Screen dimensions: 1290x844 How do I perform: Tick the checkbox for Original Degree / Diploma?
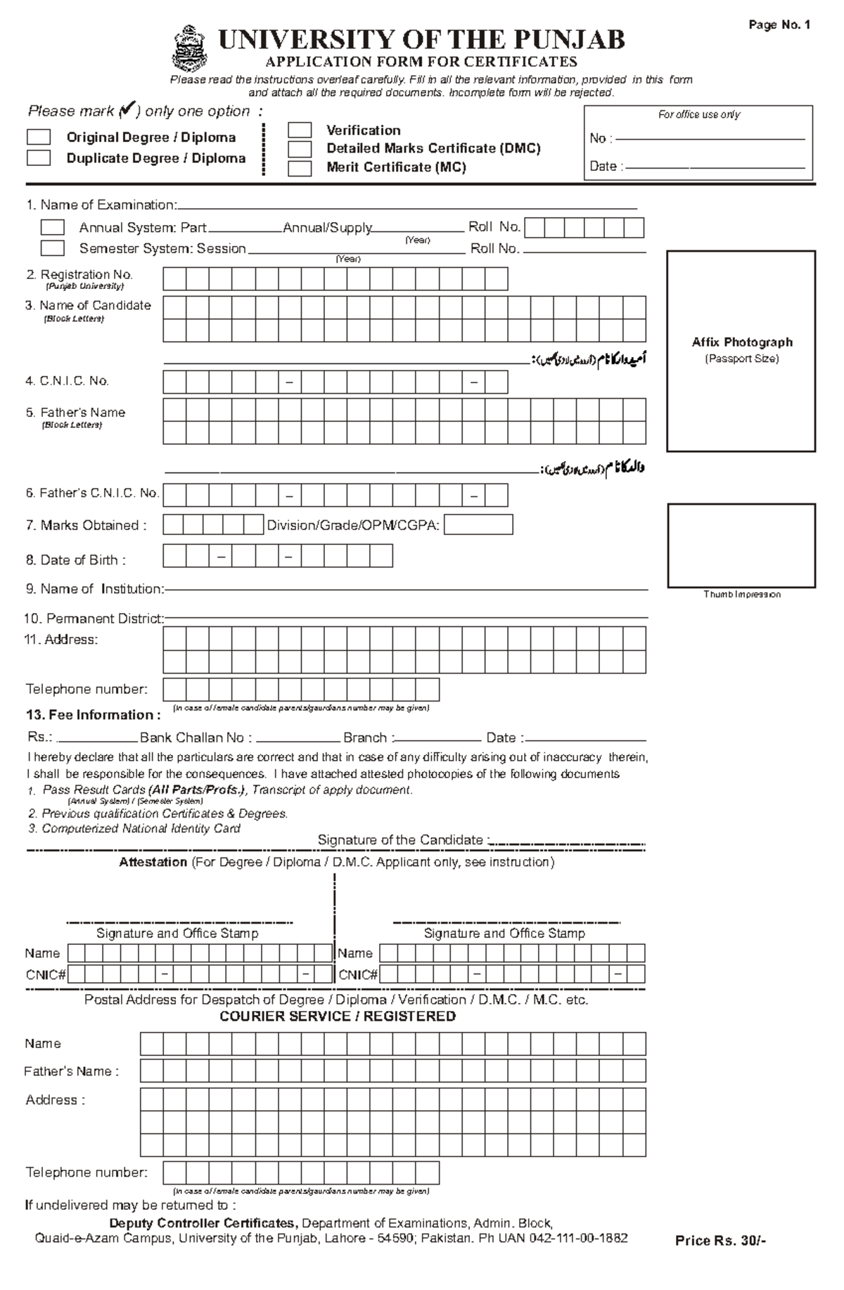click(x=39, y=137)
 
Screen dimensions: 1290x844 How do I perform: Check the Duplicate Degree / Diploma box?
click(x=39, y=158)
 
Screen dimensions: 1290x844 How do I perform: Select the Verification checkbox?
click(x=300, y=130)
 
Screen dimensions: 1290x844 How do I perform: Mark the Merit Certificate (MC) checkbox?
click(x=300, y=168)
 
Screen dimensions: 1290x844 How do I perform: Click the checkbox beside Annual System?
click(x=52, y=228)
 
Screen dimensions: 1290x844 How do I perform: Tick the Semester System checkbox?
click(x=52, y=248)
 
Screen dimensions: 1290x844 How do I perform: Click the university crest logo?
click(x=189, y=49)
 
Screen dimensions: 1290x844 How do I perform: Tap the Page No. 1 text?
click(x=779, y=25)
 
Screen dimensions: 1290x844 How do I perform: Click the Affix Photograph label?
click(x=741, y=342)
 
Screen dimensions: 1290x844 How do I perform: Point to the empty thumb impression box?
click(x=741, y=545)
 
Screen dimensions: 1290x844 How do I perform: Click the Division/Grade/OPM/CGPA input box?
click(x=478, y=525)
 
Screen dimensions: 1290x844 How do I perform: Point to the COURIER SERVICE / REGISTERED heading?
click(x=338, y=1017)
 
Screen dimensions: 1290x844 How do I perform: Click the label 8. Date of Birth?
click(x=76, y=560)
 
